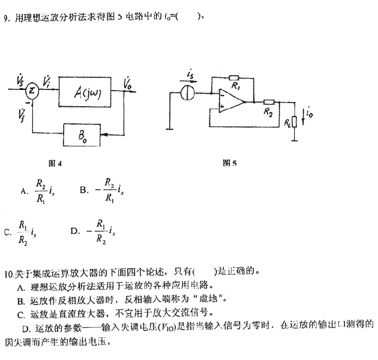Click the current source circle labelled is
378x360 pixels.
(x=189, y=93)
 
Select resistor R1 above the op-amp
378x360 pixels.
(x=234, y=77)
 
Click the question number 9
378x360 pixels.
(x=5, y=18)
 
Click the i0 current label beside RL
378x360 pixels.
(x=309, y=112)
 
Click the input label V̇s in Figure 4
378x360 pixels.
(x=22, y=79)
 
